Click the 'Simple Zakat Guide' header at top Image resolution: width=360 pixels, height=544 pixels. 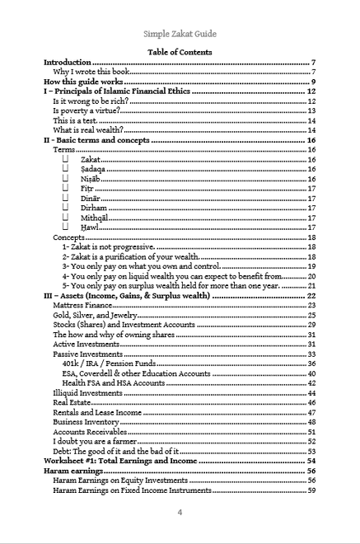pyautogui.click(x=180, y=35)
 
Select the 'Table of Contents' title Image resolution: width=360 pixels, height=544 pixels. pyautogui.click(x=180, y=52)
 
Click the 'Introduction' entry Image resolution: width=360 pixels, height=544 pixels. pyautogui.click(x=68, y=63)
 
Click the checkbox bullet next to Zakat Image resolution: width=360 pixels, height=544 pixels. pyautogui.click(x=66, y=159)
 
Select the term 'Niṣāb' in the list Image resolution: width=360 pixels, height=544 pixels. pyautogui.click(x=91, y=178)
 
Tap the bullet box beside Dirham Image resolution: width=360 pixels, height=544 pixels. pyautogui.click(x=66, y=208)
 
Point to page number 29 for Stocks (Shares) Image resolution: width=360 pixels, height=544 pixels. pyautogui.click(x=312, y=325)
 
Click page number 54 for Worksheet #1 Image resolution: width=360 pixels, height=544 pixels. pyautogui.click(x=312, y=461)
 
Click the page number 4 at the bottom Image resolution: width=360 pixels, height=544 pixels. pyautogui.click(x=180, y=512)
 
